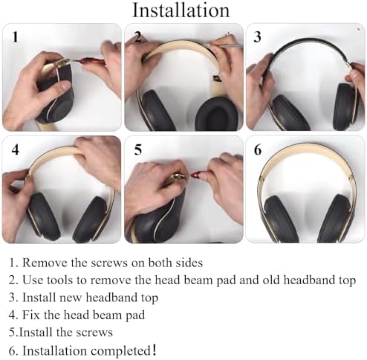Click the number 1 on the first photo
15,36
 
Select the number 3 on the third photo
258,36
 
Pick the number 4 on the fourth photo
15,150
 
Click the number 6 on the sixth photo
258,150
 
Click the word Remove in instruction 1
44,263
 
